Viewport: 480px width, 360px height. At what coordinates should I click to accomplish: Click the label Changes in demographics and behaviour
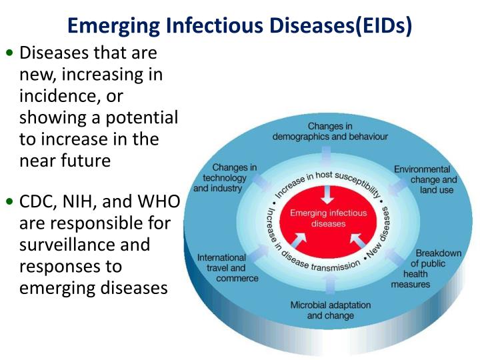point(331,131)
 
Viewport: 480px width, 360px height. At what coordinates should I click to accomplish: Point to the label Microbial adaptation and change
point(331,310)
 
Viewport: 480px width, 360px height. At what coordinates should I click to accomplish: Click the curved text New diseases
point(381,234)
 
